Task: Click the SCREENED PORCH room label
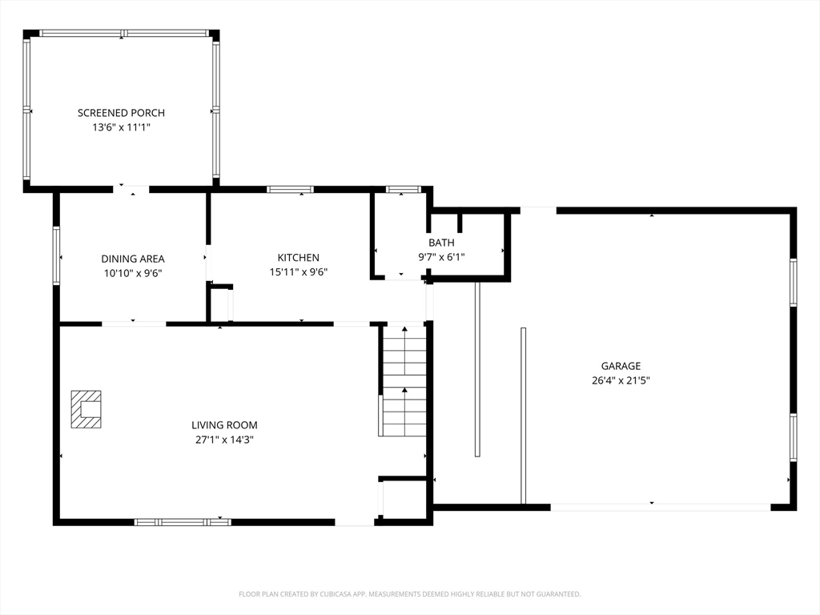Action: (x=122, y=112)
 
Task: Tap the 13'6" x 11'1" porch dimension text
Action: (x=122, y=127)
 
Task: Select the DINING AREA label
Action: (x=133, y=259)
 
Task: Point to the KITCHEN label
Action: (x=298, y=257)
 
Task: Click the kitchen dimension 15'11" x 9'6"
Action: (x=298, y=272)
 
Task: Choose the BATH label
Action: (x=441, y=243)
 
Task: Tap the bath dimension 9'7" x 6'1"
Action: (x=441, y=257)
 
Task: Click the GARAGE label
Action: (x=621, y=366)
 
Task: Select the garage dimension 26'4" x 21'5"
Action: (x=621, y=380)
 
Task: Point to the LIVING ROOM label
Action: (x=224, y=425)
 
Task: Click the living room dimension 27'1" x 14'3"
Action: (x=224, y=440)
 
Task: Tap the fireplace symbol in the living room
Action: (x=86, y=409)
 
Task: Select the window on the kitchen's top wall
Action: (x=290, y=189)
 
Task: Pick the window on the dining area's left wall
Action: (x=56, y=255)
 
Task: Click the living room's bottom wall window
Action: (x=183, y=522)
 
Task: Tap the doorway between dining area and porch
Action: (x=131, y=189)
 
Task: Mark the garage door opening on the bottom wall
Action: (x=661, y=507)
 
